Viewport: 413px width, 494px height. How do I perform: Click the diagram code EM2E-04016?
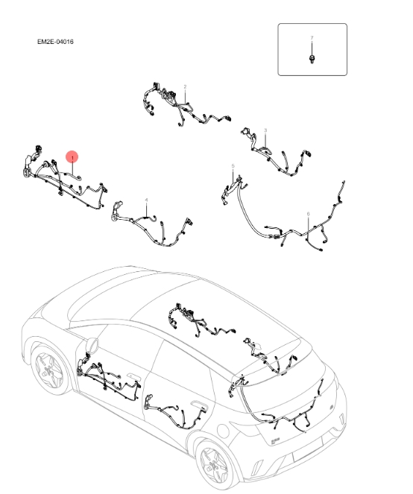[x=54, y=42]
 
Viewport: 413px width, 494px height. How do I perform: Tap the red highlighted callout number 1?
[x=72, y=157]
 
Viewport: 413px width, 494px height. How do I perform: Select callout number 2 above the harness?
[x=185, y=87]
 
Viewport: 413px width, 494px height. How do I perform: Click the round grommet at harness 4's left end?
[x=114, y=216]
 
